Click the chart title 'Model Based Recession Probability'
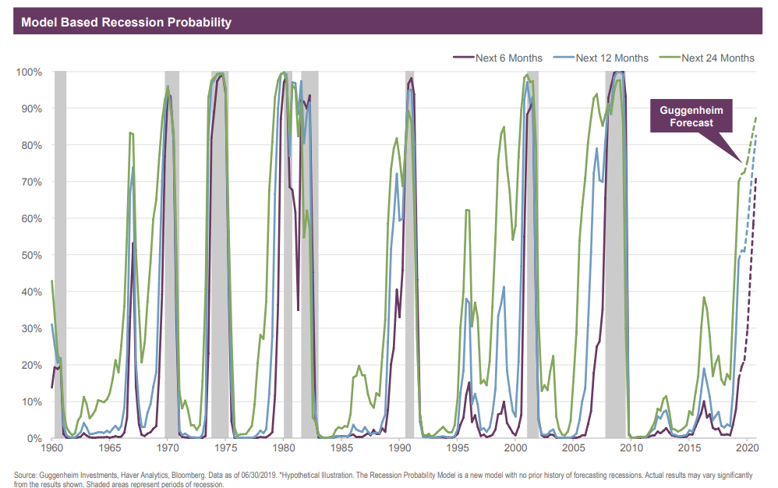click(126, 22)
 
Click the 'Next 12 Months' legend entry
click(611, 58)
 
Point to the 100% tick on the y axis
click(29, 72)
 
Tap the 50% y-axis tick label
click(31, 255)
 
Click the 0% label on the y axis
click(34, 438)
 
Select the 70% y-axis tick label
click(31, 182)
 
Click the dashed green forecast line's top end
click(755, 118)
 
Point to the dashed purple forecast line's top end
click(755, 180)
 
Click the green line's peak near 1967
click(130, 133)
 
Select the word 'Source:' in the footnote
click(27, 475)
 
